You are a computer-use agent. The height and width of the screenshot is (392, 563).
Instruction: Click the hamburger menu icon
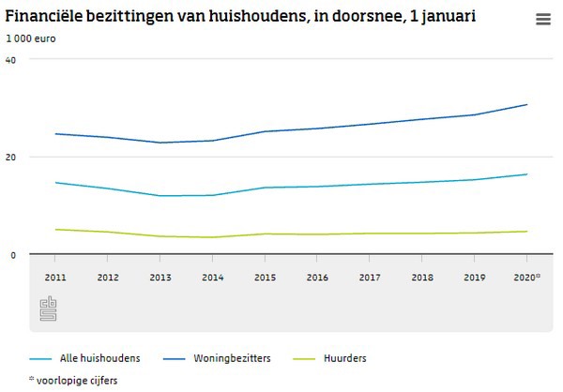543,20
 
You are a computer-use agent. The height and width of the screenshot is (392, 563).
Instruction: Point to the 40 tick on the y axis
11,59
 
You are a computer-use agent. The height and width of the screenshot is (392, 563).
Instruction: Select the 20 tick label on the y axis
11,157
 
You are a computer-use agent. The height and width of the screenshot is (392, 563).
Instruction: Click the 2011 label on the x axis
55,278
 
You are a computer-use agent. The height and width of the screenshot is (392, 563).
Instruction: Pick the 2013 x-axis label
160,278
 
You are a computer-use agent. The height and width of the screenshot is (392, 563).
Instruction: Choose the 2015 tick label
266,278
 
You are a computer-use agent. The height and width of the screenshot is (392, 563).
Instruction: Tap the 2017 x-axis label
371,278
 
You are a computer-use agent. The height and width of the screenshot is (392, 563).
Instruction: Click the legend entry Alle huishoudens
99,358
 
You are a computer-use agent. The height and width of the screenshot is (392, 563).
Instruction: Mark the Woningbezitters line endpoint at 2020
527,105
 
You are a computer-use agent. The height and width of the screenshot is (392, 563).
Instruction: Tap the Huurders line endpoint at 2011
55,230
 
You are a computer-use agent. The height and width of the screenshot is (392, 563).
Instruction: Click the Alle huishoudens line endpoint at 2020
527,174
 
